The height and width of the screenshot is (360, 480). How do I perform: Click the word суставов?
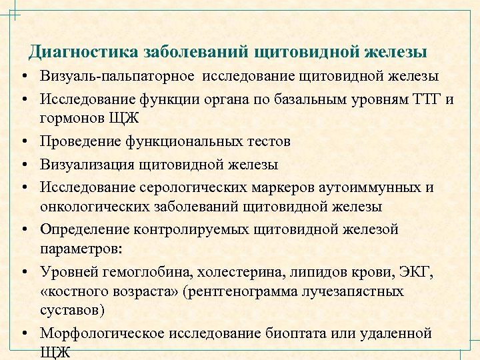pyautogui.click(x=71, y=310)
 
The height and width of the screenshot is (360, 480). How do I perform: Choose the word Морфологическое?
pyautogui.click(x=104, y=333)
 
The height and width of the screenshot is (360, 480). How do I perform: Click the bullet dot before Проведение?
pyautogui.click(x=23, y=141)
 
